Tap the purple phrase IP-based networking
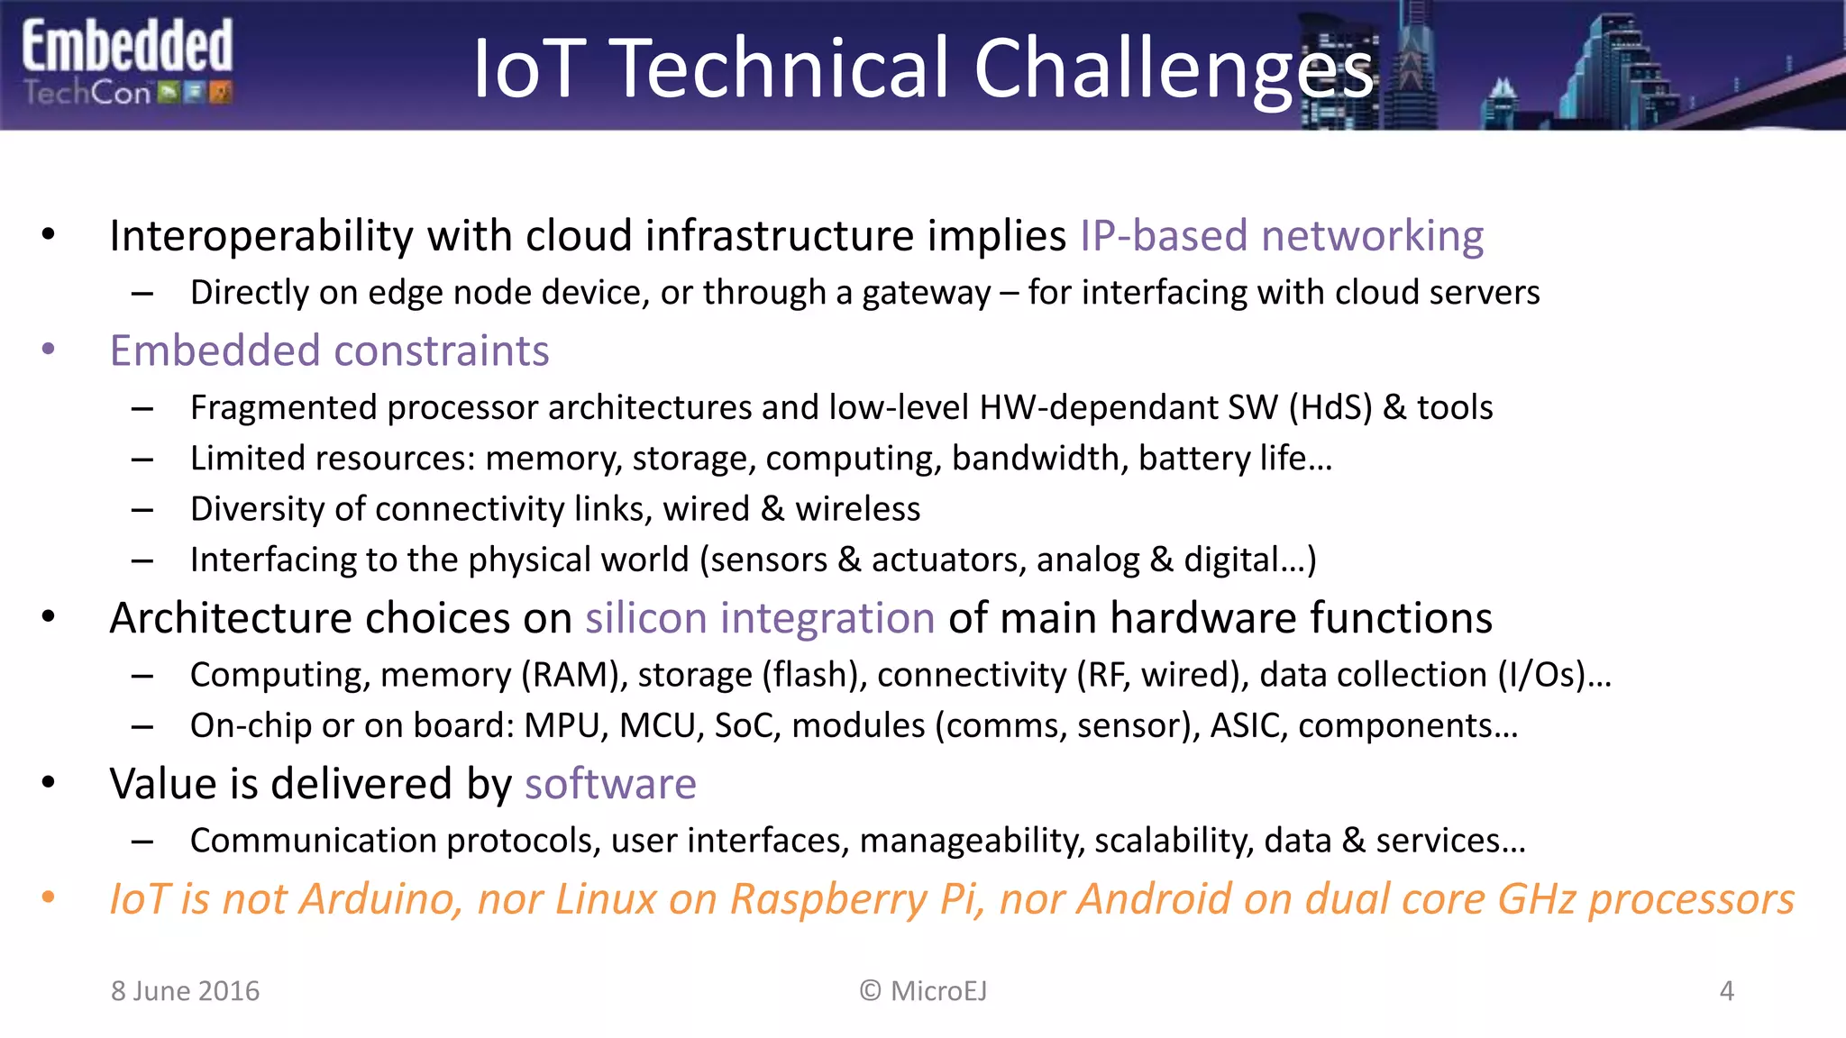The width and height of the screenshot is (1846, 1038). pos(1281,236)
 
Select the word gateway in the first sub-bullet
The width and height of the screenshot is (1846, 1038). pos(926,293)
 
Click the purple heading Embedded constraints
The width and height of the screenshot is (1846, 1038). pos(329,351)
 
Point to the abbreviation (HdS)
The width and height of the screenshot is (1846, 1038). pos(1330,408)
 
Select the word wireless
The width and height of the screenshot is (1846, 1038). pos(857,509)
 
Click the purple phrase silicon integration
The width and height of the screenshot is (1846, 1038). pos(760,618)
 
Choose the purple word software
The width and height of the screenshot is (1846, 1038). pos(610,784)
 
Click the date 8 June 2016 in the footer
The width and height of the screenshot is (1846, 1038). pos(185,991)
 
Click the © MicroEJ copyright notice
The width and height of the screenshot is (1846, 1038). pos(923,991)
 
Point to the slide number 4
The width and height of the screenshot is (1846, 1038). pos(1726,991)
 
